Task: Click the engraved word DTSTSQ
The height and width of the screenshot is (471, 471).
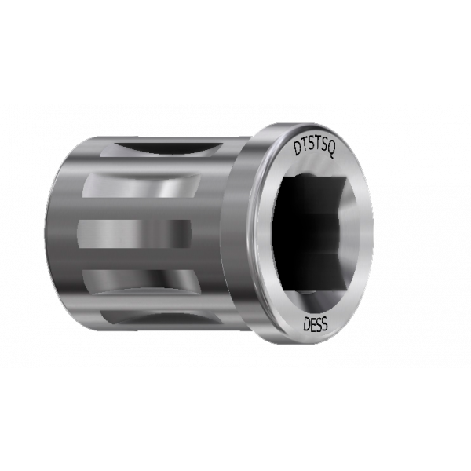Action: coord(314,148)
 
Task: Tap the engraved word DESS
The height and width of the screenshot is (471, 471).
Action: coord(316,324)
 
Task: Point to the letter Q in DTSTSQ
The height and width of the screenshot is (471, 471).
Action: coord(330,152)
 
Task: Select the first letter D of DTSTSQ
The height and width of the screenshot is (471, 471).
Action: coord(297,148)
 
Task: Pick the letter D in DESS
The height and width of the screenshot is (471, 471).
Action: coord(307,324)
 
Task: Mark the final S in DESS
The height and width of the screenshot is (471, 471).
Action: coord(325,325)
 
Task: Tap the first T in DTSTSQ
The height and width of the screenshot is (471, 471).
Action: coord(304,147)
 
